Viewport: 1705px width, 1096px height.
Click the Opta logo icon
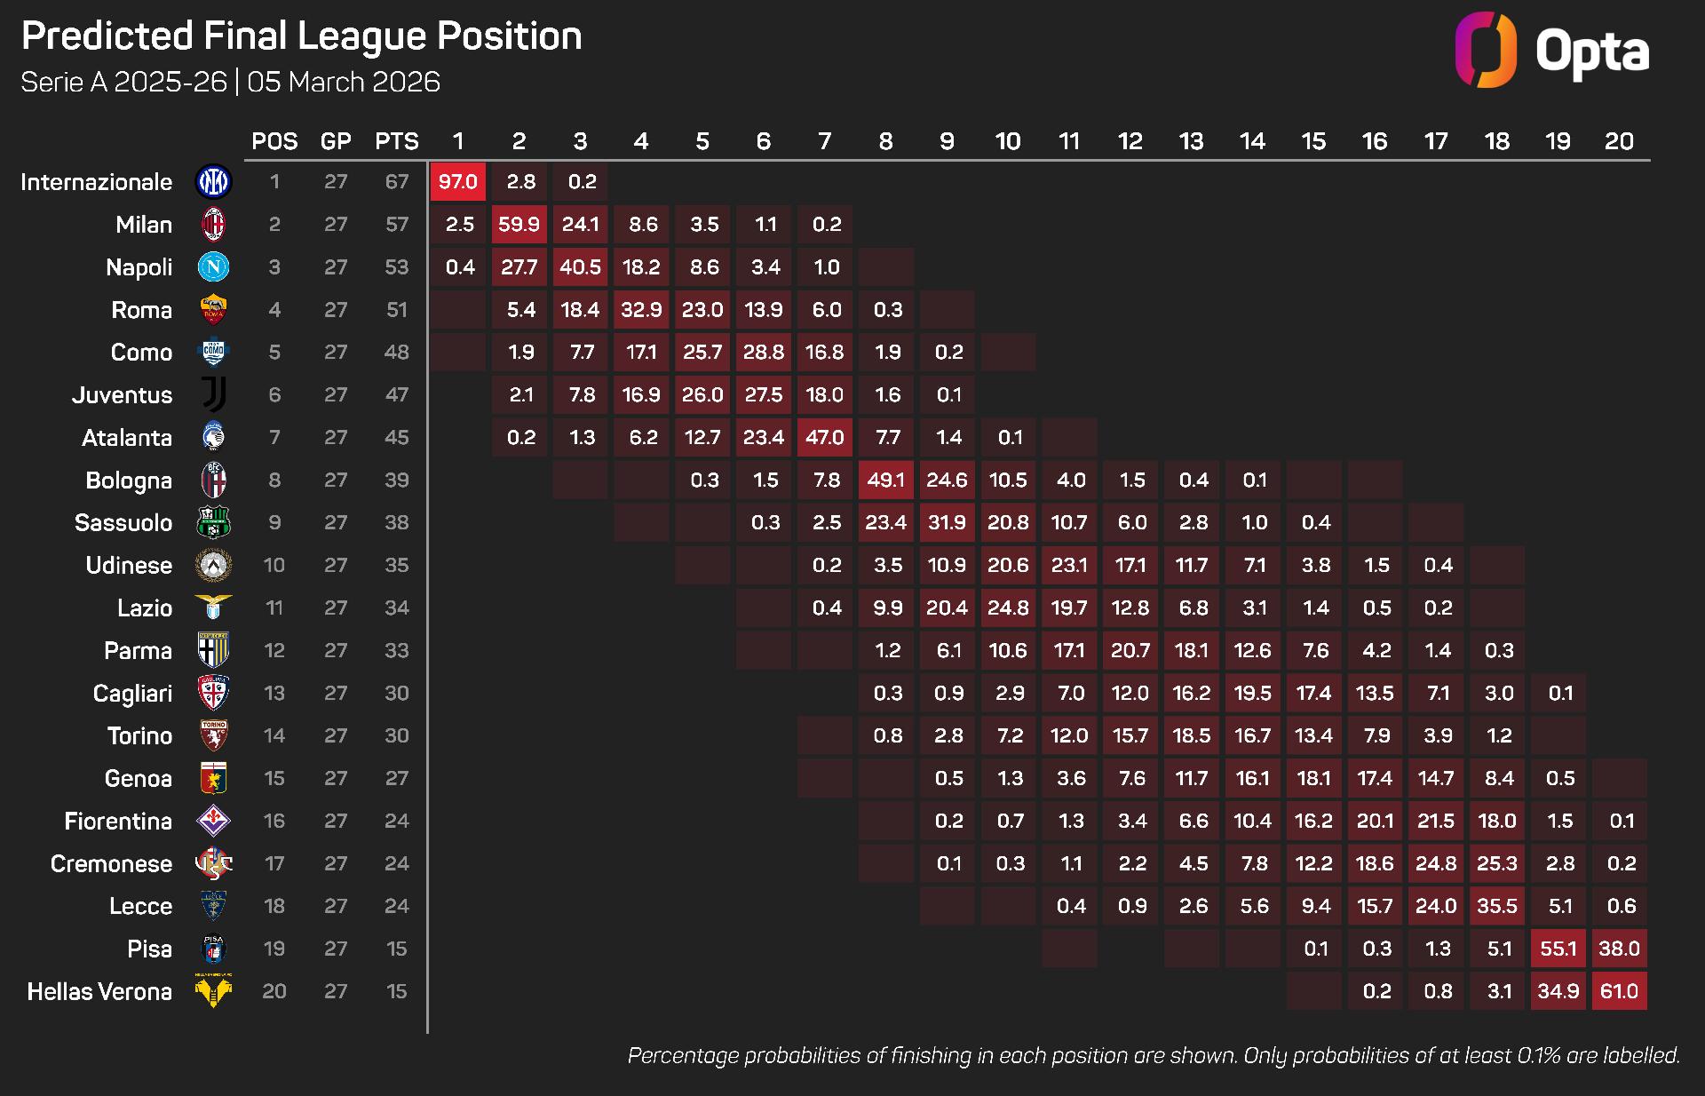click(1486, 50)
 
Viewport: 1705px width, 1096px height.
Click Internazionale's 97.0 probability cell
click(458, 182)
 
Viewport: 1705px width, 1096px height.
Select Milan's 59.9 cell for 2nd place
click(519, 225)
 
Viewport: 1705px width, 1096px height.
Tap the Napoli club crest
click(213, 267)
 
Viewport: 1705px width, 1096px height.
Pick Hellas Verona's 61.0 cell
click(1619, 991)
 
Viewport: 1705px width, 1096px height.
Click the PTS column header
click(396, 141)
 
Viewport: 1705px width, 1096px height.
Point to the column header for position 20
click(1619, 141)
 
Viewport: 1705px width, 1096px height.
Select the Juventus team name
click(122, 395)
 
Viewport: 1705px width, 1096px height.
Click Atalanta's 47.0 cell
click(825, 438)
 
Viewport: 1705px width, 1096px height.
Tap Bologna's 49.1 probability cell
click(886, 480)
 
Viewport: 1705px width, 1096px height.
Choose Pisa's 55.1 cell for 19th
click(1558, 949)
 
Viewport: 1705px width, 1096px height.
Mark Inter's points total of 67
click(396, 182)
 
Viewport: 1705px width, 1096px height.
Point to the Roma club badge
click(213, 310)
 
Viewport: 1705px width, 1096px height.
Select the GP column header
click(336, 141)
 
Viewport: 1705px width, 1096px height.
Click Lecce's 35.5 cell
click(1497, 906)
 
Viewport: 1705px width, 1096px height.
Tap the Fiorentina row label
click(118, 822)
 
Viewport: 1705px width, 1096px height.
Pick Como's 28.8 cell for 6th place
click(764, 353)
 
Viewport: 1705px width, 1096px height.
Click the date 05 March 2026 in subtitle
click(344, 83)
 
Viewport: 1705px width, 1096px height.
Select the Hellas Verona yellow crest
click(213, 990)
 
